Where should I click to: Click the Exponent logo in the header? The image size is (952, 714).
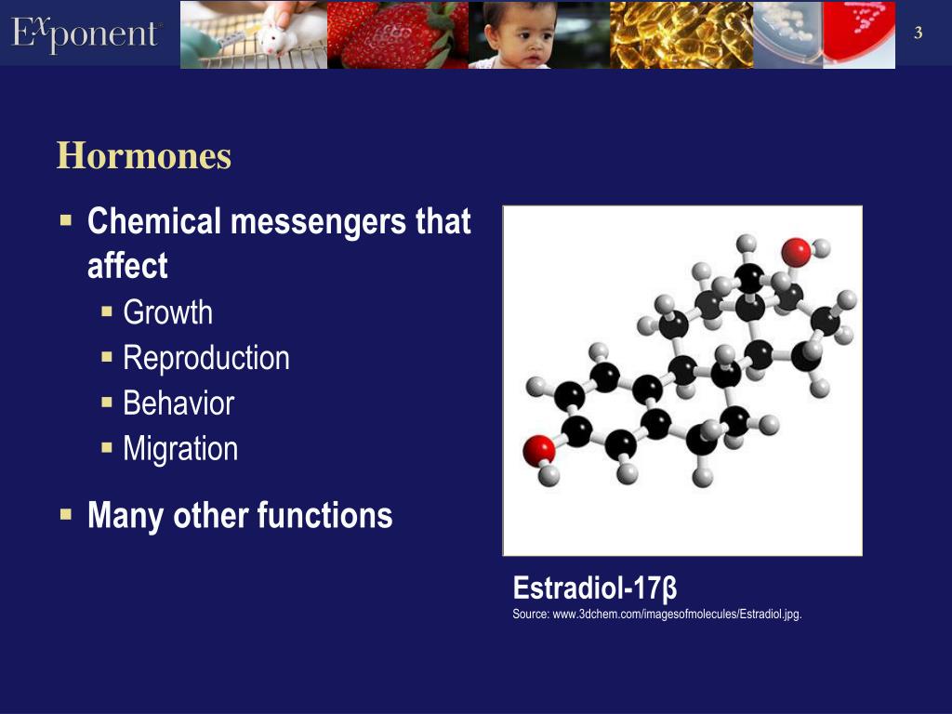pyautogui.click(x=86, y=33)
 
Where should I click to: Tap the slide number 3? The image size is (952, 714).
pyautogui.click(x=919, y=34)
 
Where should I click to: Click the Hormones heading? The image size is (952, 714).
pyautogui.click(x=143, y=156)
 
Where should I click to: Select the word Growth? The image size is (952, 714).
pyautogui.click(x=167, y=312)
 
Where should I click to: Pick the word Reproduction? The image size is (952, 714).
pyautogui.click(x=205, y=358)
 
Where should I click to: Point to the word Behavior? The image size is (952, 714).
pyautogui.click(x=178, y=403)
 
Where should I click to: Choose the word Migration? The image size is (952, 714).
pyautogui.click(x=180, y=449)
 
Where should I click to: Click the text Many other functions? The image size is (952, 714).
pyautogui.click(x=239, y=515)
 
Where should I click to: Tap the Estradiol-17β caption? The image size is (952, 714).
pyautogui.click(x=595, y=588)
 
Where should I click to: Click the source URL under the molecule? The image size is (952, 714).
pyautogui.click(x=656, y=614)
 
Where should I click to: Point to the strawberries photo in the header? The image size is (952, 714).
pyautogui.click(x=397, y=34)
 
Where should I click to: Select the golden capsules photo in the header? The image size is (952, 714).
pyautogui.click(x=681, y=34)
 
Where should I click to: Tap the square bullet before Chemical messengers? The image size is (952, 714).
pyautogui.click(x=66, y=222)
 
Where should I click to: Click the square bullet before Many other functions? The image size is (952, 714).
pyautogui.click(x=66, y=513)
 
